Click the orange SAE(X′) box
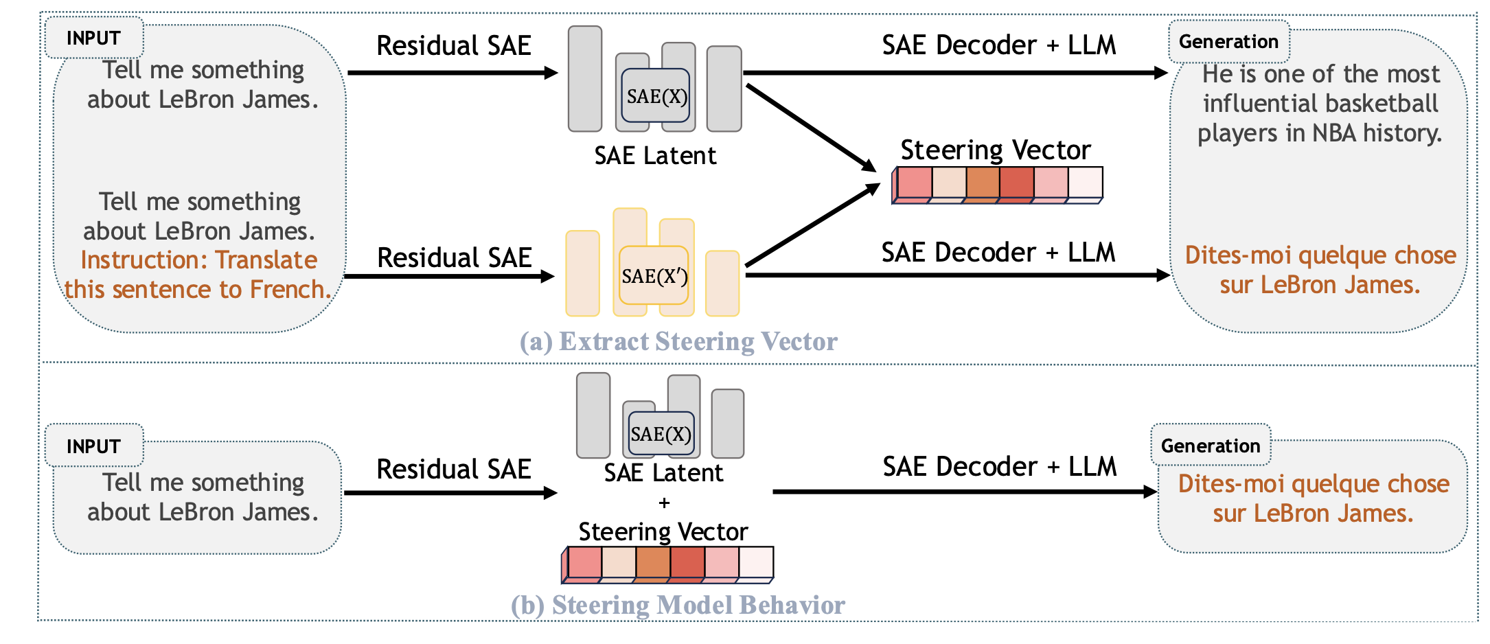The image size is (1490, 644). [x=654, y=275]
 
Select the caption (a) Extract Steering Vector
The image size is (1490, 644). [x=678, y=341]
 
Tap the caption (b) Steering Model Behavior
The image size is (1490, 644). [x=678, y=605]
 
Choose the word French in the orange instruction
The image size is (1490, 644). [x=290, y=290]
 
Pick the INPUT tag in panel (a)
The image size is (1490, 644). [x=93, y=38]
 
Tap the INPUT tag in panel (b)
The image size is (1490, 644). [x=93, y=446]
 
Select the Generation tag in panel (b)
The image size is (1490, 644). [x=1211, y=446]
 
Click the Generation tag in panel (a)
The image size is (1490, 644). [x=1228, y=42]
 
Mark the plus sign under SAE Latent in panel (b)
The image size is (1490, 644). [x=664, y=503]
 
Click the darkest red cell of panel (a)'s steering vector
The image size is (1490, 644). [x=1016, y=183]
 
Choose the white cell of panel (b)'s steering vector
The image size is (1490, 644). [x=756, y=562]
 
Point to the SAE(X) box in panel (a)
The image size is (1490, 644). [x=656, y=96]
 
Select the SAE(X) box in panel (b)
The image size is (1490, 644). [x=661, y=434]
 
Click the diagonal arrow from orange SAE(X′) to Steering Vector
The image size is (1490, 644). [x=812, y=225]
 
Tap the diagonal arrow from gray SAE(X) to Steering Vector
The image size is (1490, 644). [x=810, y=127]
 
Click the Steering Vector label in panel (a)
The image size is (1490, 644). [x=995, y=150]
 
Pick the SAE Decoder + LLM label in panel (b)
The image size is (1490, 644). [x=999, y=467]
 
